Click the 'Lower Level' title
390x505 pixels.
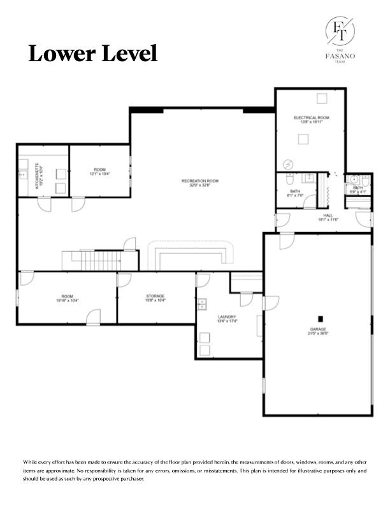(92, 54)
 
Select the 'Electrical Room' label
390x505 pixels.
(311, 119)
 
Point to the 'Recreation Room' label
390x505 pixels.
(199, 183)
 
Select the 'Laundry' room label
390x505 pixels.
(227, 319)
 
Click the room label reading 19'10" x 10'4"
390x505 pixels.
(67, 298)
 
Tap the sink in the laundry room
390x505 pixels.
(202, 304)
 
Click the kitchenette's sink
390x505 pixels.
(22, 173)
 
